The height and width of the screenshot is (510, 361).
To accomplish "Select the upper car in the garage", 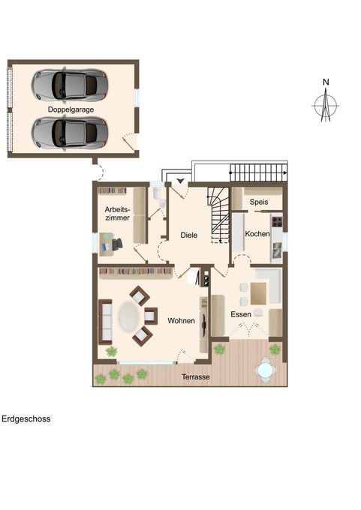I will (x=70, y=85).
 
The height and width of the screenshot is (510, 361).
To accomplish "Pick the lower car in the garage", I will (x=70, y=133).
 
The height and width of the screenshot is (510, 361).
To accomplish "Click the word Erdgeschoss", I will (x=26, y=419).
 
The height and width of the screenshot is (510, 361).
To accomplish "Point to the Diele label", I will (x=188, y=235).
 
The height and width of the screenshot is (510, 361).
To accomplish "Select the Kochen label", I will (x=257, y=234).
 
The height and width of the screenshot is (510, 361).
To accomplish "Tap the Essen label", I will (x=241, y=314).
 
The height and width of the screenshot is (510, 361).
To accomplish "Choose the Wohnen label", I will (x=182, y=321).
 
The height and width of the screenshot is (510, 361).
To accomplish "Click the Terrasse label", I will (x=195, y=377).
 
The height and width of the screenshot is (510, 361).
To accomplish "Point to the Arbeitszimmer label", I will (x=117, y=213).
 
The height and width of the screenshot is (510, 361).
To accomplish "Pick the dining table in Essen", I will (x=258, y=292).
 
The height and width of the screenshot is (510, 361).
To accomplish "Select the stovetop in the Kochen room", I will (x=276, y=222).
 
